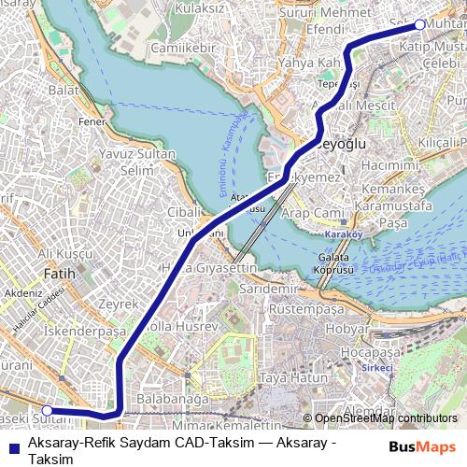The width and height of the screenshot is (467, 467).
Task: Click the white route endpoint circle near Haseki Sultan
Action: (x=48, y=409)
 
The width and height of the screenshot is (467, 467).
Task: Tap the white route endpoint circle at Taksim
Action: (x=419, y=24)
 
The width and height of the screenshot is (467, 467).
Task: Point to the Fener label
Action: (x=90, y=121)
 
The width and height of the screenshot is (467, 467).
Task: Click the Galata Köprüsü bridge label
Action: (x=341, y=264)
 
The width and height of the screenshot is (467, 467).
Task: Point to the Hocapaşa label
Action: (x=370, y=352)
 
